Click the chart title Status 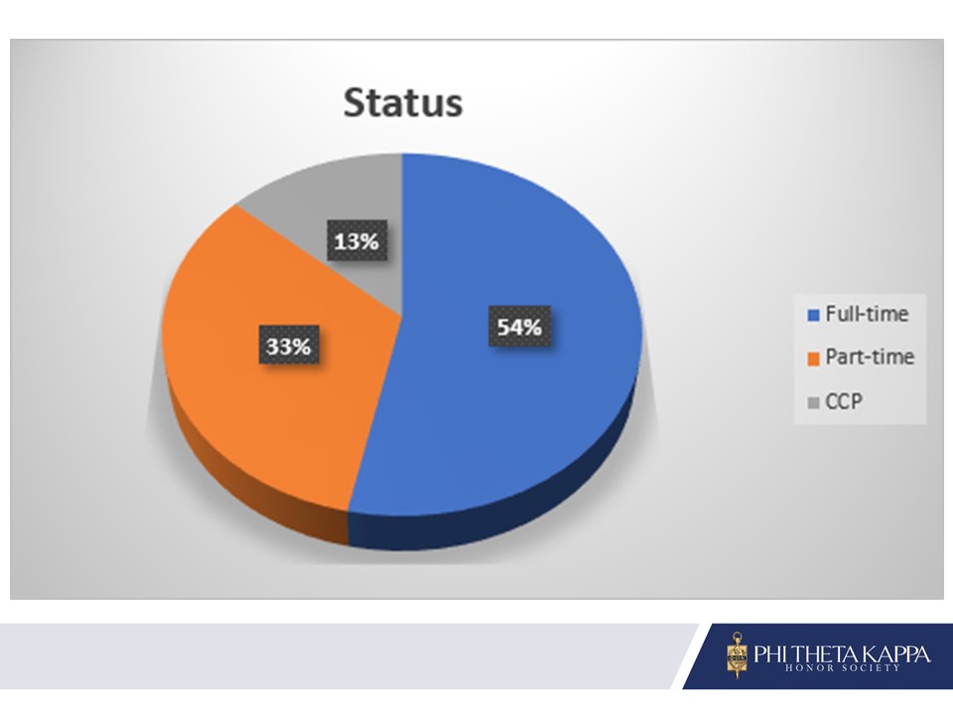[403, 102]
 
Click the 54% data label [519, 327]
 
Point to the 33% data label [289, 346]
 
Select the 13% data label [356, 240]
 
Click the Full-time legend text [867, 314]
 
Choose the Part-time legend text [870, 357]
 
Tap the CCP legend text [844, 401]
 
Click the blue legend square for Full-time [813, 315]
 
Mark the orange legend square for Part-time [813, 358]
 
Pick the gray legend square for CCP [813, 402]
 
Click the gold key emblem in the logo [738, 655]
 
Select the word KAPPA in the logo [897, 653]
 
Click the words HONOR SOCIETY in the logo [843, 667]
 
